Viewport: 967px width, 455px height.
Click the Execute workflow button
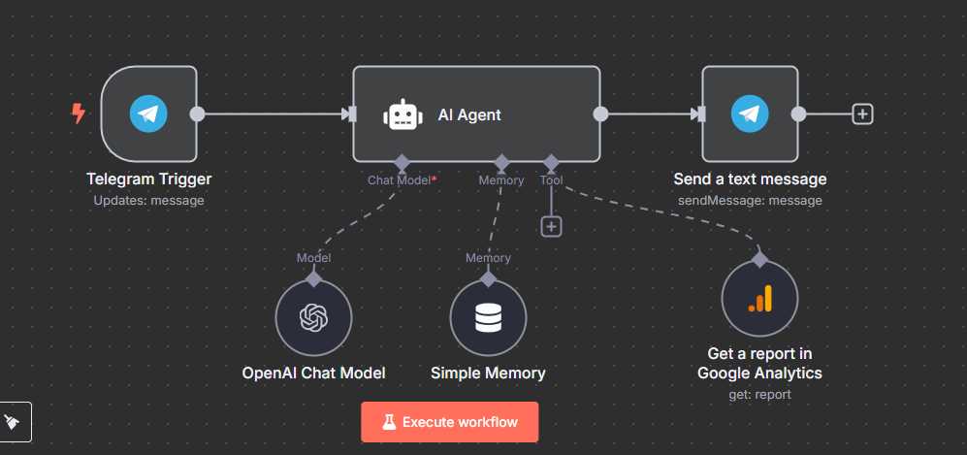tap(449, 422)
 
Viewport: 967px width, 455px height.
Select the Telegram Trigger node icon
tap(148, 114)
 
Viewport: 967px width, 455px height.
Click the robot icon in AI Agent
tap(402, 114)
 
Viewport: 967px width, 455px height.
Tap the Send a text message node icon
tap(750, 114)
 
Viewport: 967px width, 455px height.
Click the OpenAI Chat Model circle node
tap(313, 318)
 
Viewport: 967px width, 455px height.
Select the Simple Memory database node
tap(488, 318)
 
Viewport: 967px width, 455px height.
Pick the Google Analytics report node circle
tap(759, 300)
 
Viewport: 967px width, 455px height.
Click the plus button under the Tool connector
tap(551, 226)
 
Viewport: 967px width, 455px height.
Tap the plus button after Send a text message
tap(862, 114)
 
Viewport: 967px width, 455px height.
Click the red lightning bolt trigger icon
tap(79, 114)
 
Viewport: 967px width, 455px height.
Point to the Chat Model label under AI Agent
tap(399, 180)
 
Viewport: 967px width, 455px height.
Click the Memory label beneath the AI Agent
tap(501, 180)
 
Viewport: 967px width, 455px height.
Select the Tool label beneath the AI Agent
tap(551, 180)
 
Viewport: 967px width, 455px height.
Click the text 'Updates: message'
tap(148, 201)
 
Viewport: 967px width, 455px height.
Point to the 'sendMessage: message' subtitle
tap(750, 201)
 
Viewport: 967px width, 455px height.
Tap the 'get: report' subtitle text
tap(759, 394)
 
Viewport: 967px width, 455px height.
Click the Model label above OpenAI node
tap(313, 258)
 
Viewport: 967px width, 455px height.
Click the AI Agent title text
tap(469, 114)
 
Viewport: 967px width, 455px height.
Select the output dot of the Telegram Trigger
tap(197, 114)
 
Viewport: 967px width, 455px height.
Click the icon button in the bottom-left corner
tap(16, 422)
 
